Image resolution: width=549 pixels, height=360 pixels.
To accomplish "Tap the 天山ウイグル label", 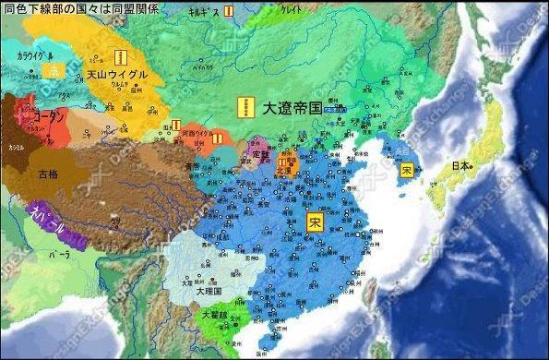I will pyautogui.click(x=117, y=75).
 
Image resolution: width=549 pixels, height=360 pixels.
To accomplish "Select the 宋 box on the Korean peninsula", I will pyautogui.click(x=406, y=169).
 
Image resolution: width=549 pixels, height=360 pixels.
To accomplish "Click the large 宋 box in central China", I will pyautogui.click(x=315, y=222).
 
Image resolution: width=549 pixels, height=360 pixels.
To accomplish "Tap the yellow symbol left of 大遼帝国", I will pyautogui.click(x=244, y=108).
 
